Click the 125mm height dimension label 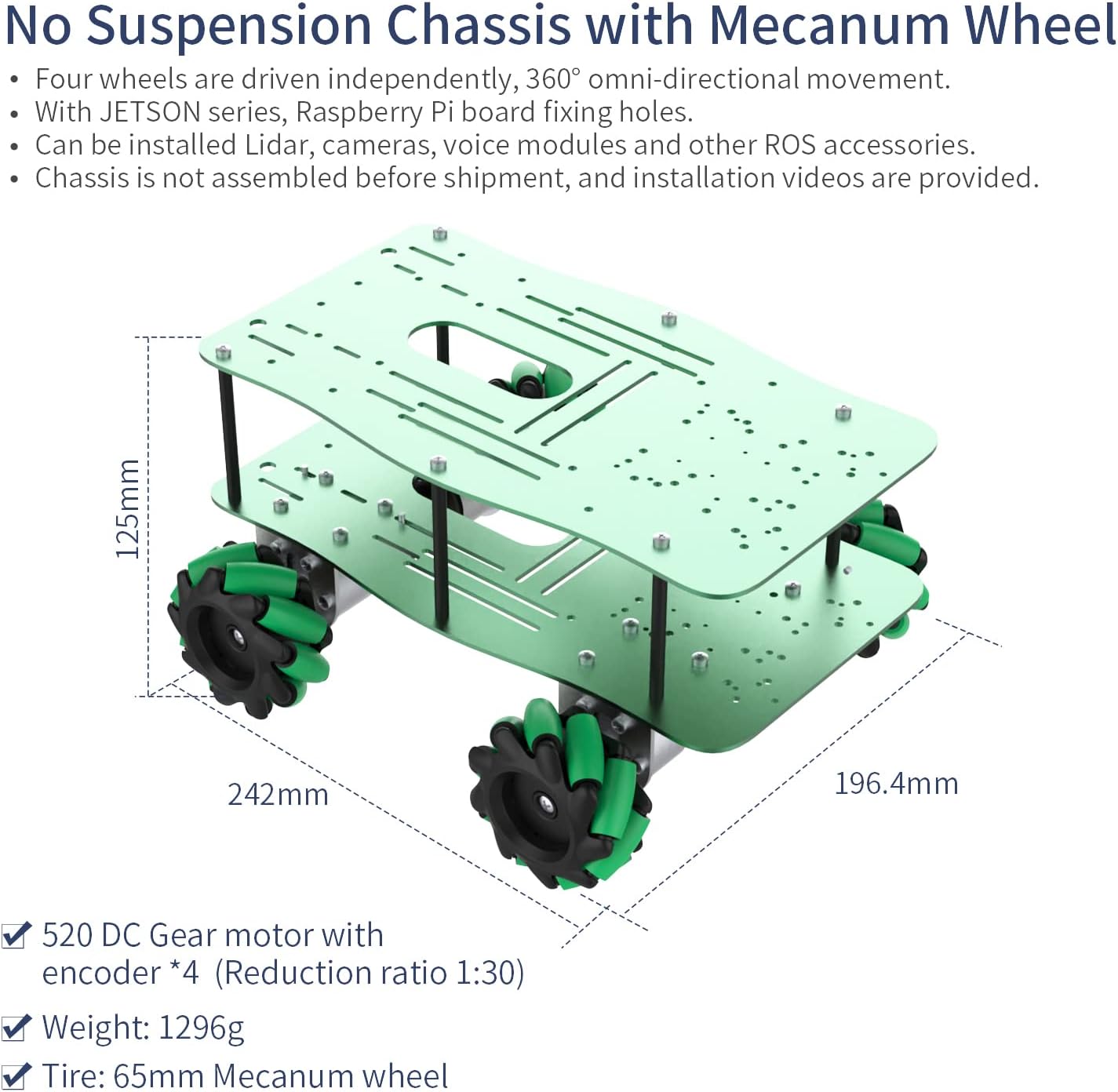[x=128, y=508]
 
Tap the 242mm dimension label [x=278, y=795]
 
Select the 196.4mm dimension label [x=896, y=783]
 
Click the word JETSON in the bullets [x=150, y=112]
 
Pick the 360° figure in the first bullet [x=553, y=78]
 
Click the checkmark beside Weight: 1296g [x=16, y=1027]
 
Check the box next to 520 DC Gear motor [x=16, y=935]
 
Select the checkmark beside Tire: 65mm [x=16, y=1075]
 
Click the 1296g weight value [x=202, y=1027]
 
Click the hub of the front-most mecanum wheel [x=543, y=803]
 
